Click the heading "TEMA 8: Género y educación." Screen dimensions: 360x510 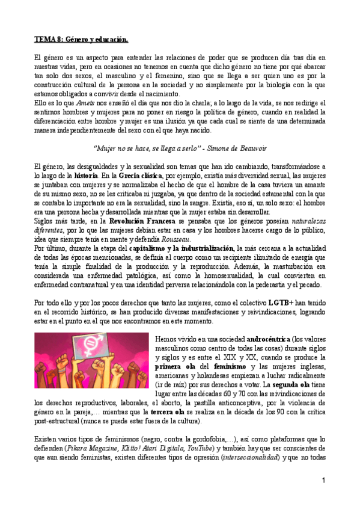tap(81, 40)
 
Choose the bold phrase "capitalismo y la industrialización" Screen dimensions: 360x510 tap(183, 248)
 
